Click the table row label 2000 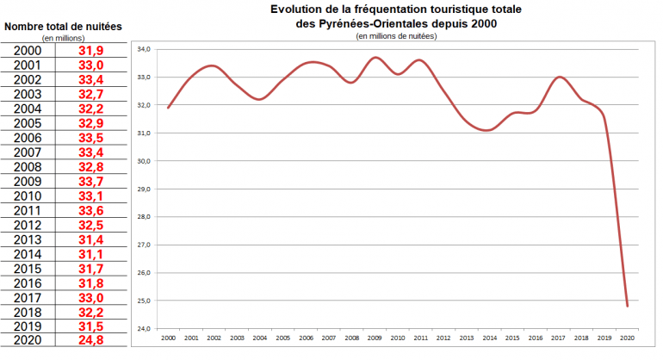[28, 51]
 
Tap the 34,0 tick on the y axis [144, 50]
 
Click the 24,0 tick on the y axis [144, 328]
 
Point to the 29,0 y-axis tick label [144, 189]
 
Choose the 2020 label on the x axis [628, 338]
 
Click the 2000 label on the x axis [168, 338]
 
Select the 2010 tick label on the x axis [398, 338]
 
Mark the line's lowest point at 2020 [628, 306]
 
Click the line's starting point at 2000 [168, 108]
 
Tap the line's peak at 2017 [560, 78]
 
